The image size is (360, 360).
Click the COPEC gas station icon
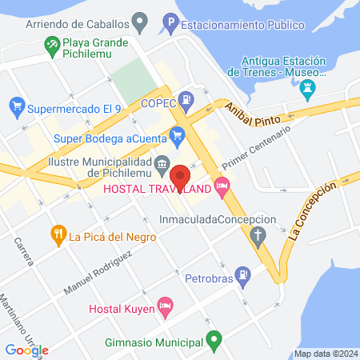(186, 100)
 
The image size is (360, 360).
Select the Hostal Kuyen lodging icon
(166, 305)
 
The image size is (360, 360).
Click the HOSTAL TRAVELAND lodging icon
(223, 189)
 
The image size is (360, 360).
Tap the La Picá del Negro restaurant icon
(58, 235)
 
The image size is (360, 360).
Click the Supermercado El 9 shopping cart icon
(16, 106)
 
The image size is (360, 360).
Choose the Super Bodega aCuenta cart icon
(178, 137)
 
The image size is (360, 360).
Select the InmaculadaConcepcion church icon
(258, 236)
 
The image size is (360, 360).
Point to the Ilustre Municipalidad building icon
(162, 166)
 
